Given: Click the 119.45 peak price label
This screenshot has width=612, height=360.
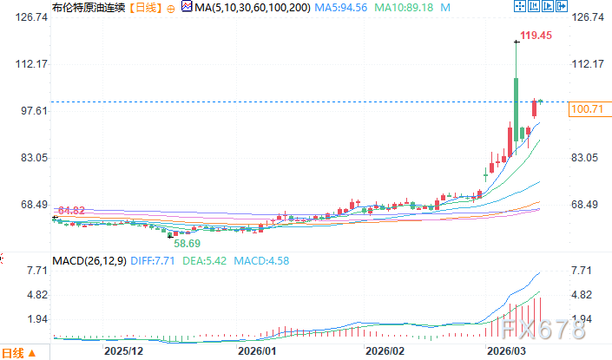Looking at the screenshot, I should (x=536, y=36).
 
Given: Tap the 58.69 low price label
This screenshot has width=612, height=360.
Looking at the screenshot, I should (x=188, y=244).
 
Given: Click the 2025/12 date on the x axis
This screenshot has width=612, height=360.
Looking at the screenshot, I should (x=122, y=351).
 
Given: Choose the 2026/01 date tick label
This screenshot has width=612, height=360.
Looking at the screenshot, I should (x=257, y=351).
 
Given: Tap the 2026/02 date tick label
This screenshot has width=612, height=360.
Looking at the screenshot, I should (x=385, y=351).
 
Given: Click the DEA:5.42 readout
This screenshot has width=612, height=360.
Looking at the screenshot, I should (x=206, y=260).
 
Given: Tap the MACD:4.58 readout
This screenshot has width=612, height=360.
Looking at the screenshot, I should (x=259, y=260).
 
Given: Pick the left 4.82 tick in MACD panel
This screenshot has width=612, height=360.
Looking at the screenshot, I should (x=16, y=295).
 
